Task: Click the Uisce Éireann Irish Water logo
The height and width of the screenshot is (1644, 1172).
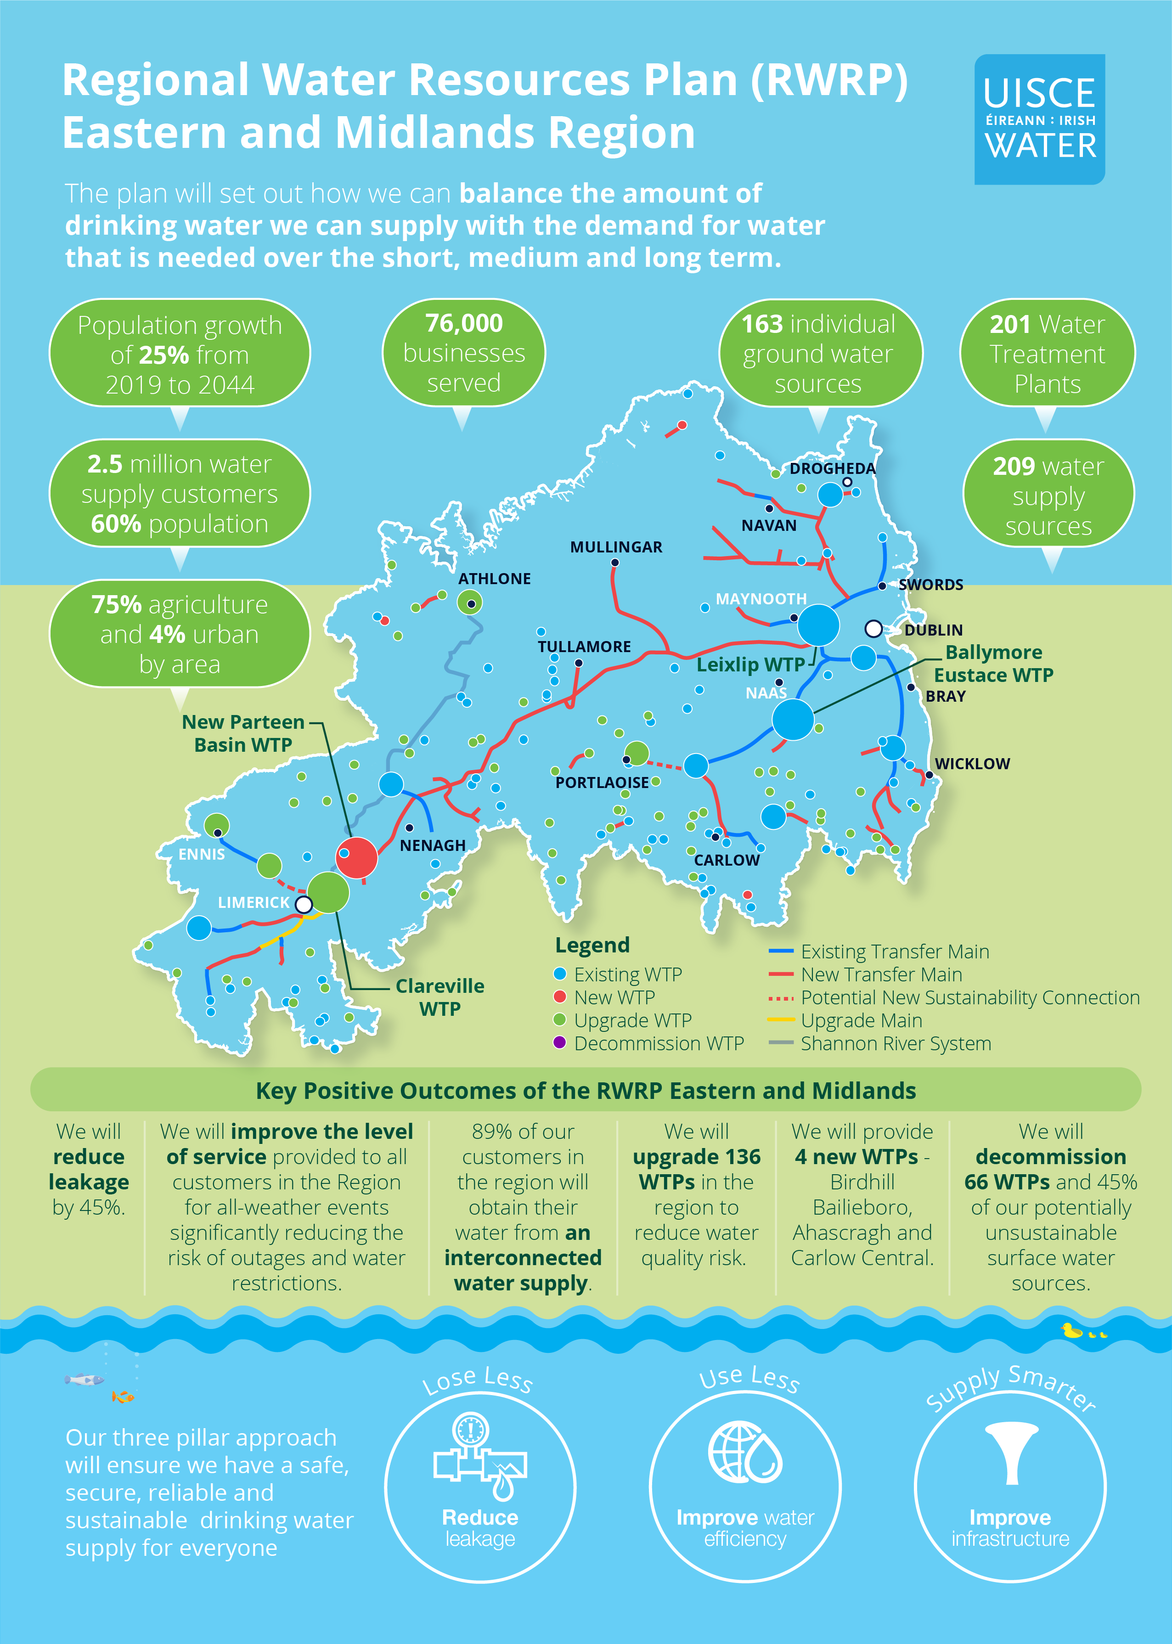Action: tap(1039, 119)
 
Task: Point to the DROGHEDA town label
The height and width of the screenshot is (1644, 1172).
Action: tap(832, 468)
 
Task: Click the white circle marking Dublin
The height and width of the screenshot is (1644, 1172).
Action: tap(873, 629)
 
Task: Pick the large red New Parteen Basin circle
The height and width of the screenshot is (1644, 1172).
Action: tap(356, 857)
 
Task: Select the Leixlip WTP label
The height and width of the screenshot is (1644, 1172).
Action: tap(750, 664)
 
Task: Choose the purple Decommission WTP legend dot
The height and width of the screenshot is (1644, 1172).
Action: tap(559, 1043)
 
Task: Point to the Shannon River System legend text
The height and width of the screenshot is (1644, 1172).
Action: tap(896, 1043)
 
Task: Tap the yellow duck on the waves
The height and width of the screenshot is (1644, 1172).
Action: tap(1072, 1330)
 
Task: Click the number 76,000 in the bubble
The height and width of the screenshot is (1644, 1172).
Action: tap(463, 323)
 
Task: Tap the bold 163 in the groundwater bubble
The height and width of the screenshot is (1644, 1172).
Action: tap(762, 324)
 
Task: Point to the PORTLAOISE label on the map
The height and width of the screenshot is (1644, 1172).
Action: tap(602, 783)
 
